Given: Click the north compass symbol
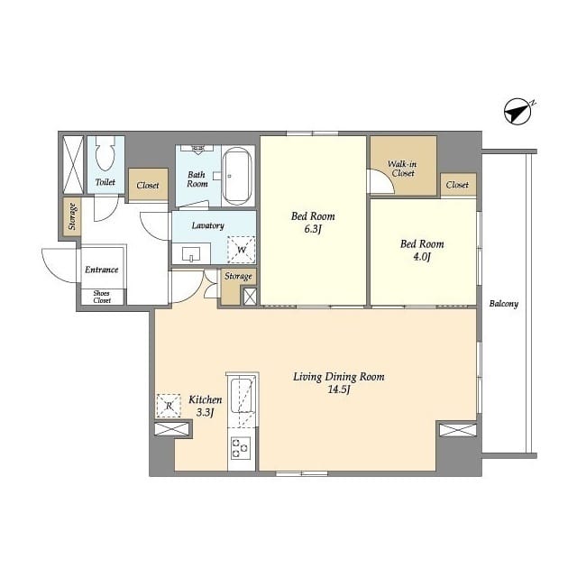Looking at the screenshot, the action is click(x=518, y=111).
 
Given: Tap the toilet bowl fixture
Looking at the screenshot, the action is click(x=105, y=153).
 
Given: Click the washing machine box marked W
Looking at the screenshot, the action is click(x=242, y=250).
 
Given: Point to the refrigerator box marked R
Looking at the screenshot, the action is click(x=169, y=406).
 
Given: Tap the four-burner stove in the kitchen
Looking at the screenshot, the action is click(x=241, y=447).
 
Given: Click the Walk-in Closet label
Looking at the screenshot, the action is click(x=403, y=169).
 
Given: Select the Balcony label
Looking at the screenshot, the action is click(x=504, y=304).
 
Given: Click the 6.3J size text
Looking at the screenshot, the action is click(x=313, y=229).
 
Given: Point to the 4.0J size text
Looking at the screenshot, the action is click(x=422, y=256).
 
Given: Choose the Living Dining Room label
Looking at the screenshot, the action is click(x=339, y=377).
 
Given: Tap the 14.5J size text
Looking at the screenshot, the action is click(x=339, y=389).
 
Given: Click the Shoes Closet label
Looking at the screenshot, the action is click(x=102, y=297).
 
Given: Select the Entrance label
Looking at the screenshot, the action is click(x=102, y=270).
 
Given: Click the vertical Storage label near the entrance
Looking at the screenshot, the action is click(x=72, y=216).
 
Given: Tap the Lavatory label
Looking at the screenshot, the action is click(x=208, y=225).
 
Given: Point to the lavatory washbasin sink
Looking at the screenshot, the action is click(x=191, y=253).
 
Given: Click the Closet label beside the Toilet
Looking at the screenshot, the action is click(x=148, y=185).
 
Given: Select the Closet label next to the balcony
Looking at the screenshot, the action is click(x=457, y=185).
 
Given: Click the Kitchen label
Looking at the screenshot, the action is click(x=206, y=399).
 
